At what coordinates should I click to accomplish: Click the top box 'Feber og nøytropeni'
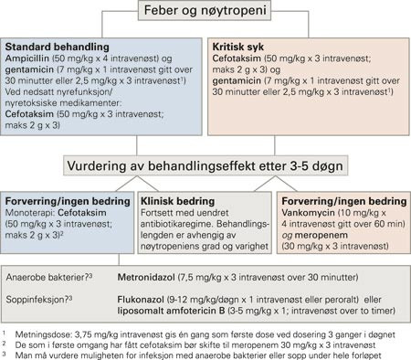pos(205,12)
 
